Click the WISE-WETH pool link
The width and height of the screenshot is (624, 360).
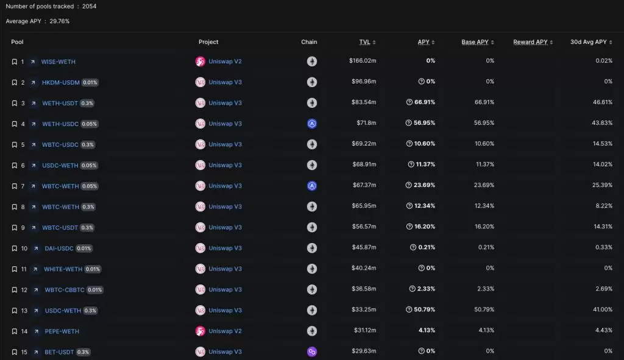[58, 62]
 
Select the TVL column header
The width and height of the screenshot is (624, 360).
[364, 42]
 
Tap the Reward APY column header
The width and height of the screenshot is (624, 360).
[530, 42]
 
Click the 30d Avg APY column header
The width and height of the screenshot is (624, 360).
[588, 42]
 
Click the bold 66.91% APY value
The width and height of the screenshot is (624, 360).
[425, 103]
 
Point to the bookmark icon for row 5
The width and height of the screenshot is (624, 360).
[15, 145]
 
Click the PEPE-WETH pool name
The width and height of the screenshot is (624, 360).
[62, 331]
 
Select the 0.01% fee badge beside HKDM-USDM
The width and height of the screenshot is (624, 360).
[90, 82]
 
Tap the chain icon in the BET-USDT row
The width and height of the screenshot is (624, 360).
[312, 352]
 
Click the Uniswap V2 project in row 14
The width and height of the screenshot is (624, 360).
[225, 331]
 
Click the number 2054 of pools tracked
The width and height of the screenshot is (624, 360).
[89, 6]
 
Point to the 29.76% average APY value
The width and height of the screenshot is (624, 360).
[60, 21]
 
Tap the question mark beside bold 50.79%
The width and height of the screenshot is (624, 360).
[409, 311]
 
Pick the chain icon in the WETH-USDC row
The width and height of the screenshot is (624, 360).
[312, 124]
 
